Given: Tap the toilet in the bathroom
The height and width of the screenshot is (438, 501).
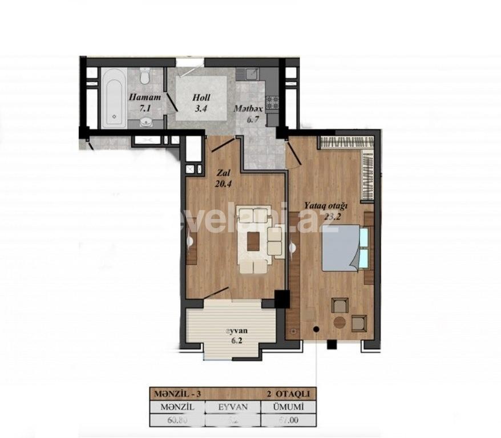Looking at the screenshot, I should click(x=145, y=76).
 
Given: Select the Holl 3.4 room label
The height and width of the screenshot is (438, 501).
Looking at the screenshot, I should click(x=201, y=102).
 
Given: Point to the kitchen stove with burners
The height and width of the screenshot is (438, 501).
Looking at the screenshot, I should click(x=272, y=102).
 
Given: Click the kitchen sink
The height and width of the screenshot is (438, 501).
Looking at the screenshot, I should click(x=249, y=74).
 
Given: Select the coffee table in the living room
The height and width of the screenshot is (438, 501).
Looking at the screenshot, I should click(x=253, y=242).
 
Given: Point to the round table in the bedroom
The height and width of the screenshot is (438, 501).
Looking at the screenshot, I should click(x=339, y=322).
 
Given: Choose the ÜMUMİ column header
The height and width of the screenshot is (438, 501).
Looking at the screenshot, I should click(x=287, y=407).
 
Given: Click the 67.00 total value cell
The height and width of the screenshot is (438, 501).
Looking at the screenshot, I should click(x=287, y=421).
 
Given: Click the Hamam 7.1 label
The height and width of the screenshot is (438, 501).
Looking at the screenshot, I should click(x=142, y=102).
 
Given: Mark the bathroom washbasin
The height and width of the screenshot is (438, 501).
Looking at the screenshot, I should click(x=147, y=121).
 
